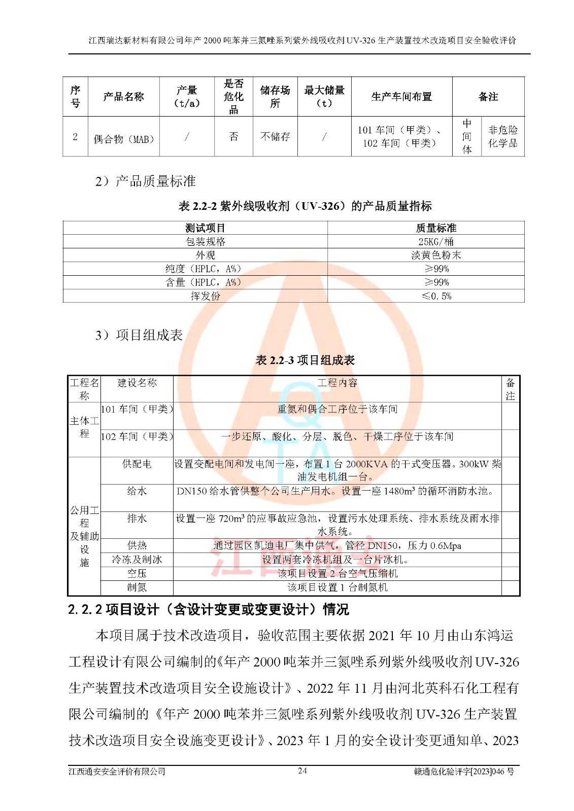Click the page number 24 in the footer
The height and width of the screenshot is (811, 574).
point(302,771)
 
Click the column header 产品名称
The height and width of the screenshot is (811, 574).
point(123,97)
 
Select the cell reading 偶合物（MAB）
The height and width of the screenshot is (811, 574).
point(123,139)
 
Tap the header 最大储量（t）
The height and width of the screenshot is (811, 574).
point(324,97)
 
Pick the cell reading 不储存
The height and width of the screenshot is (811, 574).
point(275,136)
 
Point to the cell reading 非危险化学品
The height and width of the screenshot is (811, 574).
point(502,136)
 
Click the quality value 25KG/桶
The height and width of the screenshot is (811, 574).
point(435,242)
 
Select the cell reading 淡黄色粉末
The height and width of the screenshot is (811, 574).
point(435,255)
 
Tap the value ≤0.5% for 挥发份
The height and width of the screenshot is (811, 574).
point(435,296)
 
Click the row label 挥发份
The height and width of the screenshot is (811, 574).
point(206,296)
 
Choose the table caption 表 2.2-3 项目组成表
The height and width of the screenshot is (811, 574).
point(305,360)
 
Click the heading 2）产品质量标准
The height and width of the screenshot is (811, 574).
point(145,181)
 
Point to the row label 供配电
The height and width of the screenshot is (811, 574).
point(137,464)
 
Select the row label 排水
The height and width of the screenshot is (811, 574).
point(137,518)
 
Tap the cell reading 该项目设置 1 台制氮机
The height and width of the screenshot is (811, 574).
point(337,587)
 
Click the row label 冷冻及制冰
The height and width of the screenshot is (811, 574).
point(137,560)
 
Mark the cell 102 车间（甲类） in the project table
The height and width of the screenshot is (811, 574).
point(137,436)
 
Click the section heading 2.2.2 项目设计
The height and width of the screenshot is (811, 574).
point(208,609)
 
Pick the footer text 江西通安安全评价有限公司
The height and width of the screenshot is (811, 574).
point(117,771)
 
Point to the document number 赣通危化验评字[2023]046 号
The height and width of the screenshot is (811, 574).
point(463,771)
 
